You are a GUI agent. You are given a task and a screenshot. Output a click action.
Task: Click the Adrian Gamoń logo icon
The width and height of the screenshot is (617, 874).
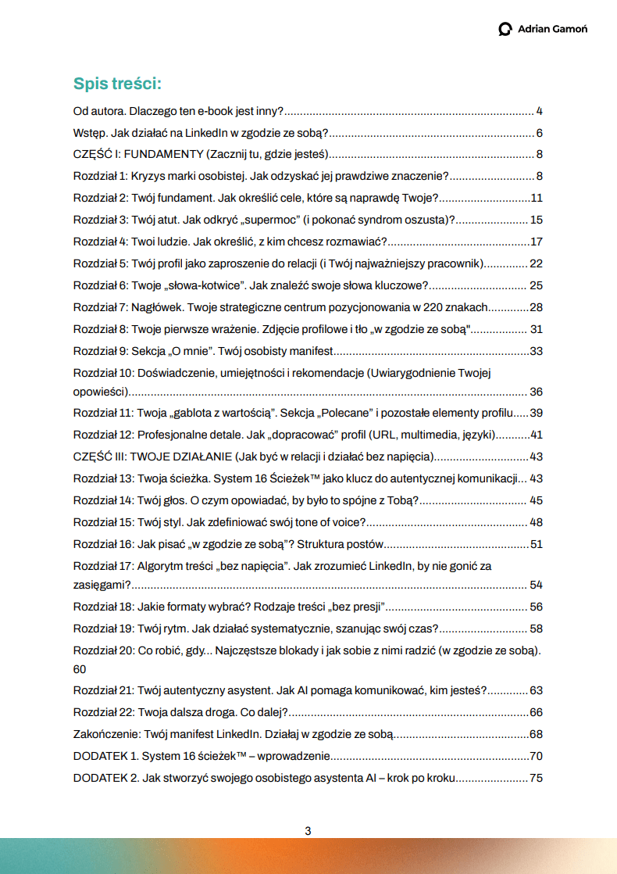coord(505,29)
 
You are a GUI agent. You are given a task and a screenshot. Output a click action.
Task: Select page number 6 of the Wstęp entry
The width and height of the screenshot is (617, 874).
coord(539,133)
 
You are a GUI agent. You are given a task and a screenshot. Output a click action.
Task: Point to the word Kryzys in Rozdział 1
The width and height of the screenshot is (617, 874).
coord(148,176)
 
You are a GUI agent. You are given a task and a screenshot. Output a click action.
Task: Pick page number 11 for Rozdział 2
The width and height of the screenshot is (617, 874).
coord(536,198)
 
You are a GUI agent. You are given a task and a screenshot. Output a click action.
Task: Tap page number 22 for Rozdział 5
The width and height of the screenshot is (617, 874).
coord(536,263)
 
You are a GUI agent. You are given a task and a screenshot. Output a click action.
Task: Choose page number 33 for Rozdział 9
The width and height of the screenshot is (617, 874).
coord(536,351)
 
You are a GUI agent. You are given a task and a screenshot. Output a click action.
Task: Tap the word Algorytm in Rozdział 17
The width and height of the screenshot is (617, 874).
coord(162,564)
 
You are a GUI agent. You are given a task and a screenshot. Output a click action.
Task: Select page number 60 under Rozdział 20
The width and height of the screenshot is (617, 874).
coord(80,669)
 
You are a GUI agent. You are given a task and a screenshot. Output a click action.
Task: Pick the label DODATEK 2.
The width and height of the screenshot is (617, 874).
coord(105,779)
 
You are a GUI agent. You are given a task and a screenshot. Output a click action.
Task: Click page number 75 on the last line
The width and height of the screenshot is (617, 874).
coord(536,779)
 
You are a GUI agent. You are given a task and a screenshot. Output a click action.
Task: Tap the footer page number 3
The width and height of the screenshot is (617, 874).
coord(308,831)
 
